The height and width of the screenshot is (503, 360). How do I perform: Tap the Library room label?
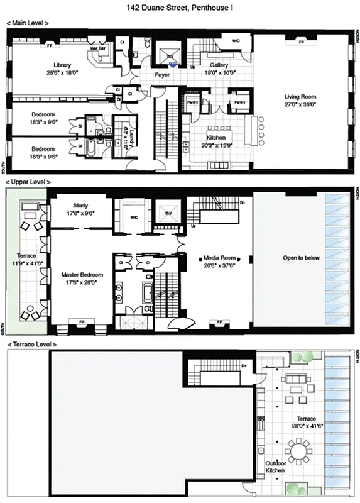(x=62, y=65)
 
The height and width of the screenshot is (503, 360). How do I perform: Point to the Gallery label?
(x=219, y=65)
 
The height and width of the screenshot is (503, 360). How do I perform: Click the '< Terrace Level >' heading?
(x=31, y=345)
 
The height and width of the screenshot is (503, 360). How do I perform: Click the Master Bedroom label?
(x=82, y=275)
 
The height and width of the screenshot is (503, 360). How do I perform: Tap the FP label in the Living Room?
(x=300, y=41)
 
